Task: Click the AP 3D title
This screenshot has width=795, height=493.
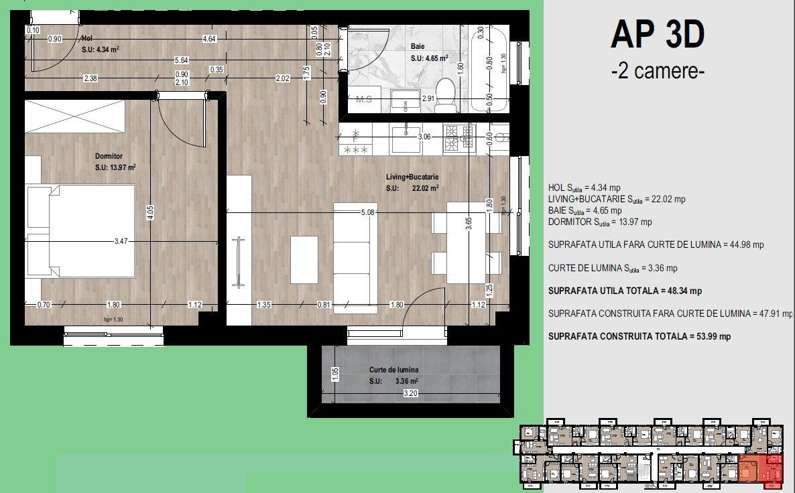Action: (x=657, y=36)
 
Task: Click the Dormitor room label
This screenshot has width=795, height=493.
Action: (x=109, y=156)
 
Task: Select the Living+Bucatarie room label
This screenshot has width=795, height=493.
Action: (x=412, y=177)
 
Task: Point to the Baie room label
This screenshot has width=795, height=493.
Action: (x=419, y=47)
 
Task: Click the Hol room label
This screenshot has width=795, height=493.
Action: (x=87, y=39)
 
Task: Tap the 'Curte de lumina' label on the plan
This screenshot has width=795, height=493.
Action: (x=393, y=370)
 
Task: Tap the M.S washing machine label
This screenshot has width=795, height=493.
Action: (x=364, y=100)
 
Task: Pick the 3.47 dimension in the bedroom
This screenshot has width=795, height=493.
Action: (x=121, y=240)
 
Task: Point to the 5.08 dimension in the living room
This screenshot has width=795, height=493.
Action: (x=367, y=212)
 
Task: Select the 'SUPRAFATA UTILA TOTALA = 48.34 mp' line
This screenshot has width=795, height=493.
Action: (x=625, y=291)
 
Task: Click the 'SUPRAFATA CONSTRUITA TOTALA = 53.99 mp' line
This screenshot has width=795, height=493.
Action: (x=639, y=336)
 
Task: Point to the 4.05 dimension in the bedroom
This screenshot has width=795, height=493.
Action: (x=151, y=213)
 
